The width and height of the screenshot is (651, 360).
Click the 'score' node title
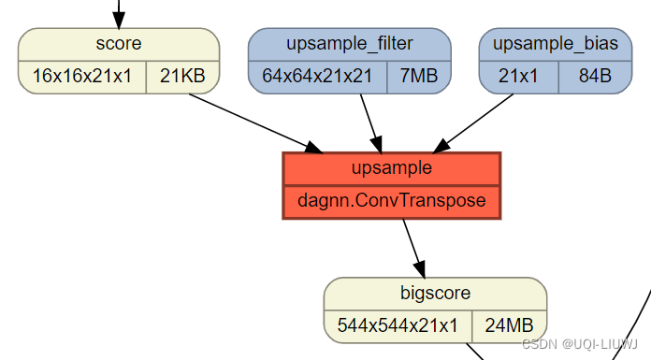pyautogui.click(x=119, y=44)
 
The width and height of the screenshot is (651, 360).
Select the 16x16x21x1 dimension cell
pyautogui.click(x=82, y=77)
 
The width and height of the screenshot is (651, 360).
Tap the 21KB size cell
pyautogui.click(x=182, y=77)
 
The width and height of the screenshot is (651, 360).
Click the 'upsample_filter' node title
pyautogui.click(x=350, y=44)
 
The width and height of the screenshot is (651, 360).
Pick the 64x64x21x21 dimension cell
pyautogui.click(x=318, y=77)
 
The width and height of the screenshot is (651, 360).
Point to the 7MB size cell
pyautogui.click(x=419, y=77)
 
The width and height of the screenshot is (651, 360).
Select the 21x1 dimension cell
pyautogui.click(x=518, y=77)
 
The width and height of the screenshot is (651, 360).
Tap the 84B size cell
pyautogui.click(x=595, y=77)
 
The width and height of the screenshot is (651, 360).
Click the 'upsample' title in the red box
pyautogui.click(x=392, y=168)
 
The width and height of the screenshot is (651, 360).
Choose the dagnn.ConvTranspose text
pyautogui.click(x=392, y=201)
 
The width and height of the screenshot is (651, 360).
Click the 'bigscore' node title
pyautogui.click(x=435, y=293)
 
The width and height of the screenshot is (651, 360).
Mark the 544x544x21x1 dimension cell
pyautogui.click(x=398, y=325)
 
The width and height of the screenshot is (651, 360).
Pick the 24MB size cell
pyautogui.click(x=509, y=325)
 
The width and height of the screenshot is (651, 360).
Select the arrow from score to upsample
pyautogui.click(x=253, y=122)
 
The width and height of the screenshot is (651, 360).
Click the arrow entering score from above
pyautogui.click(x=119, y=13)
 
